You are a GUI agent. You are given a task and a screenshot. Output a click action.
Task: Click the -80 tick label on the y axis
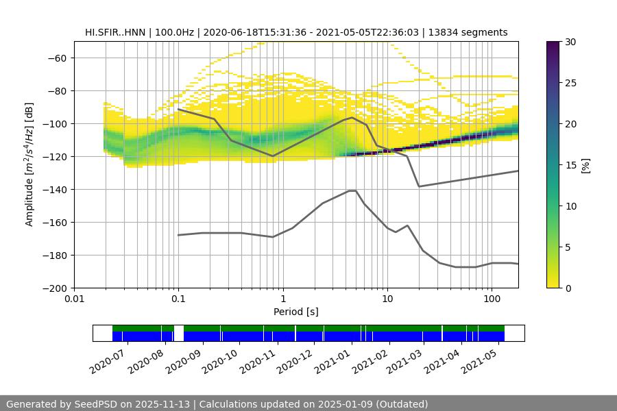point(57,90)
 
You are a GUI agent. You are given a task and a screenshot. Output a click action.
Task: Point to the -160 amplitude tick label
point(54,222)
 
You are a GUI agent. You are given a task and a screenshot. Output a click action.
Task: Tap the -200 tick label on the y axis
point(54,288)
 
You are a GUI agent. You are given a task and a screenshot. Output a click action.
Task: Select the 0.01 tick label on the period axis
point(74,299)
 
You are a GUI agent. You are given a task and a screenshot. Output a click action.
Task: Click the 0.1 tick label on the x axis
point(178,299)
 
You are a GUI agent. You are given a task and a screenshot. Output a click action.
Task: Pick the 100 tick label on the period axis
point(491,299)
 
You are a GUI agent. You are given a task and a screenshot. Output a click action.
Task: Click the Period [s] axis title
point(295,312)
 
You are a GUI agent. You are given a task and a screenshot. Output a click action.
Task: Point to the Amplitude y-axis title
point(29,164)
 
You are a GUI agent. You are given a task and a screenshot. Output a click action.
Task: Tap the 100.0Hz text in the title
point(176,32)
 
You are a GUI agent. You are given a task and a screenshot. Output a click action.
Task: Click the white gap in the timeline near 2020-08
point(179,333)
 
